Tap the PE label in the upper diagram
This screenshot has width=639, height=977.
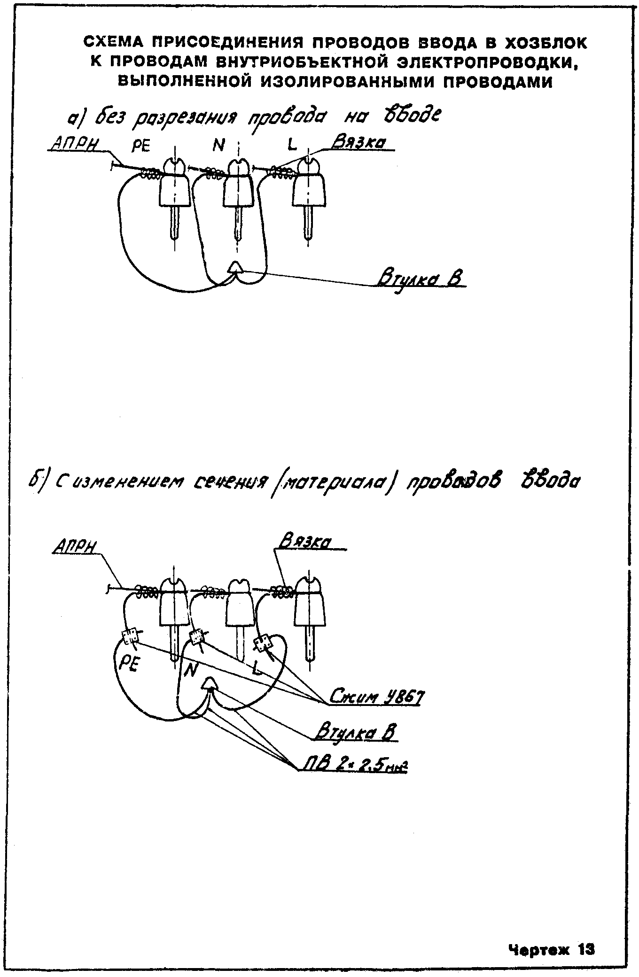[140, 147]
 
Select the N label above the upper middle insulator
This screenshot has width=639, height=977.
[218, 146]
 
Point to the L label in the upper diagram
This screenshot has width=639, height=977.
[292, 147]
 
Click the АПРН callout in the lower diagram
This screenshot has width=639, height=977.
[76, 547]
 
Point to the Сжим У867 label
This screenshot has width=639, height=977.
[375, 697]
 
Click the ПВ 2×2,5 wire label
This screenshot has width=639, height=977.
[356, 767]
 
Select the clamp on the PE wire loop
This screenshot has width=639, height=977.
[130, 637]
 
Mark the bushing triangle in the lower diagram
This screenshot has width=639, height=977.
[209, 683]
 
